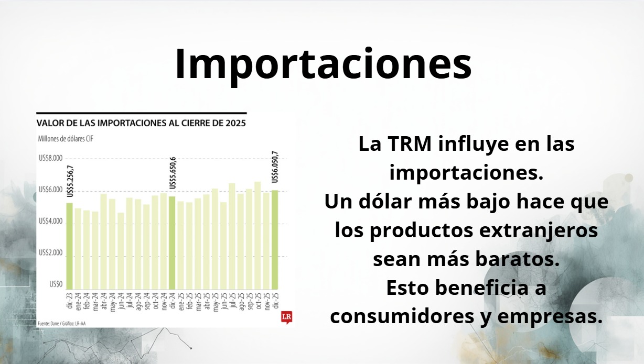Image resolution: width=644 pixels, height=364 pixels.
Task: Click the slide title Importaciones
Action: pos(323,64)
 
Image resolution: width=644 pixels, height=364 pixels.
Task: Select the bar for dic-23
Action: pos(70,246)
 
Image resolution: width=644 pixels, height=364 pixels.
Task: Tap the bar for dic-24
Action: pos(172,243)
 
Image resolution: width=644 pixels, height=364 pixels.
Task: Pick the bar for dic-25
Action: pos(275,240)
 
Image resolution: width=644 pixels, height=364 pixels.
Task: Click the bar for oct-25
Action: pos(257,235)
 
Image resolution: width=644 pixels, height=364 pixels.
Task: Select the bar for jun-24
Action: pos(121,251)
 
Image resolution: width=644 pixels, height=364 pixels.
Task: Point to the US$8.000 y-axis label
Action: pos(50,158)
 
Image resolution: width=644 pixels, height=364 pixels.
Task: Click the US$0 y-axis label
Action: pos(56,284)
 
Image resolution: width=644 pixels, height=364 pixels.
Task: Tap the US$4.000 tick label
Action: pos(50,221)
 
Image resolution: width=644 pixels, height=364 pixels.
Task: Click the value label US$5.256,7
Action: pos(70,181)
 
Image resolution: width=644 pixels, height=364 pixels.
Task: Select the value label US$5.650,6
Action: pos(173,173)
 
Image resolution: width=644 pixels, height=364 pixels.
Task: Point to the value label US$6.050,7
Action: pos(275,167)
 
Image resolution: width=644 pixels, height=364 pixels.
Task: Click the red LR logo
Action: pos(287,317)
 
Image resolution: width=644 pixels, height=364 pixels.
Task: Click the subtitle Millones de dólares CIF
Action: pos(66,139)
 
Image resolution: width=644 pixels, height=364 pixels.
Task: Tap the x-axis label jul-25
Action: pos(232,301)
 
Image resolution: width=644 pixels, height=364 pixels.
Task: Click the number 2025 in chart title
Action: pos(236,123)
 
